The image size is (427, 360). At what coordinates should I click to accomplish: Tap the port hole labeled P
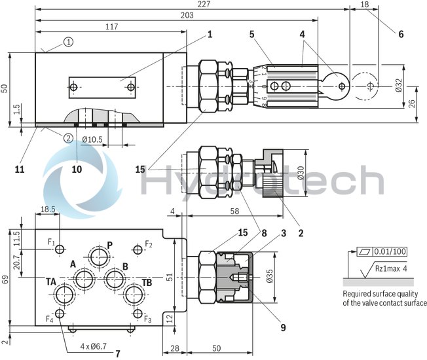(100, 254)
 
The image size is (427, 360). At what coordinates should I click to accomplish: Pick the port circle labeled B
(115, 279)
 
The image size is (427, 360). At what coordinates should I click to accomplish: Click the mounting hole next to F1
(60, 249)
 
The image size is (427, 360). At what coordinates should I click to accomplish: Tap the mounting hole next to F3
(138, 314)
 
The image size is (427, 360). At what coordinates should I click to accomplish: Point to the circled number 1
(68, 42)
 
